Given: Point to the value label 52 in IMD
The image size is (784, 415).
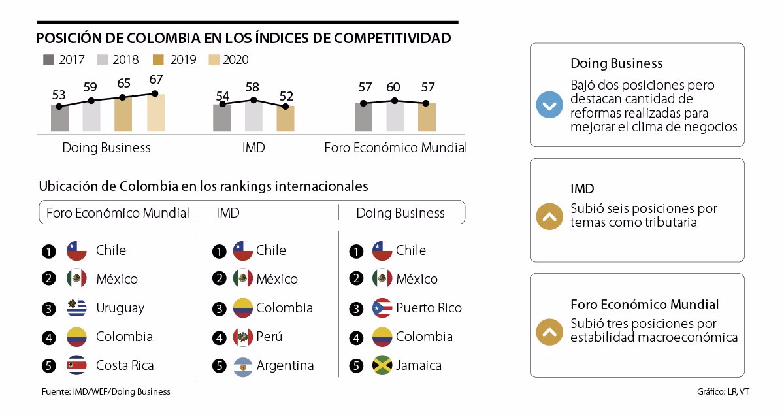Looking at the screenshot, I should [286, 96].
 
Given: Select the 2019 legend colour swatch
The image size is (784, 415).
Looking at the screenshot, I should [158, 60].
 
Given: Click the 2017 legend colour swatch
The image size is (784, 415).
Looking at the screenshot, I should [48, 60].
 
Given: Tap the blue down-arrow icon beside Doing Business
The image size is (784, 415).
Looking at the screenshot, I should [549, 105].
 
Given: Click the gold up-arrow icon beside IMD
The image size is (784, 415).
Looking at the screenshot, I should [549, 217].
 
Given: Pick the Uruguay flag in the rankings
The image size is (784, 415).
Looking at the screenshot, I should [76, 308].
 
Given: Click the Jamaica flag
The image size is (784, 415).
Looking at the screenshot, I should [382, 365].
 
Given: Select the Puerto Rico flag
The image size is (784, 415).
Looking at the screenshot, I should [382, 308].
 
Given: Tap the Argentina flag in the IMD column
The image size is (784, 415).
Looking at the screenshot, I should [243, 365].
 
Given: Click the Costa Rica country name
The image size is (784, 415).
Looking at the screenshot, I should [125, 365].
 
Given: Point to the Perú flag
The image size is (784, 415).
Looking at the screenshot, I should [243, 337].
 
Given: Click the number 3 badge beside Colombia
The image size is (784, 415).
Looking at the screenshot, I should [220, 308].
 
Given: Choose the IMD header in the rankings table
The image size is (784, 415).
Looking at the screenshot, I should [227, 213].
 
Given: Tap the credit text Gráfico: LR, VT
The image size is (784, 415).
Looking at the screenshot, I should [723, 392].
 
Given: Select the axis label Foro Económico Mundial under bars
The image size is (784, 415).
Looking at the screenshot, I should [395, 148].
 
